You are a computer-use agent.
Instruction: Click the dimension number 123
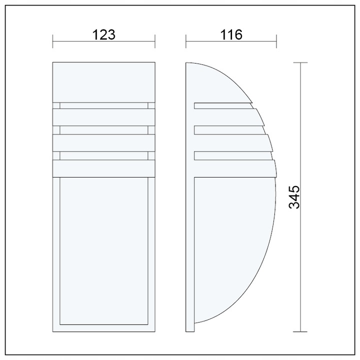(104, 34)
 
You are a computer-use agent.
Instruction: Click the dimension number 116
(231, 34)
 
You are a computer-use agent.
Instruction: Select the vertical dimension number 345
(294, 197)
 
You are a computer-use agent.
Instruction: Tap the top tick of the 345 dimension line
(300, 62)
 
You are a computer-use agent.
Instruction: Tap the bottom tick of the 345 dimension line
(300, 331)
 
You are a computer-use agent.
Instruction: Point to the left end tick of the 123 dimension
(53, 41)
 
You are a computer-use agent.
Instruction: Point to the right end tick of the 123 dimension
(155, 41)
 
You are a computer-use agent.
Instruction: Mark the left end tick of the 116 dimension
(186, 41)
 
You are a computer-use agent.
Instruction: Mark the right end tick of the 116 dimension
(276, 41)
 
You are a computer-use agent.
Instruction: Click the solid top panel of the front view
(104, 82)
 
